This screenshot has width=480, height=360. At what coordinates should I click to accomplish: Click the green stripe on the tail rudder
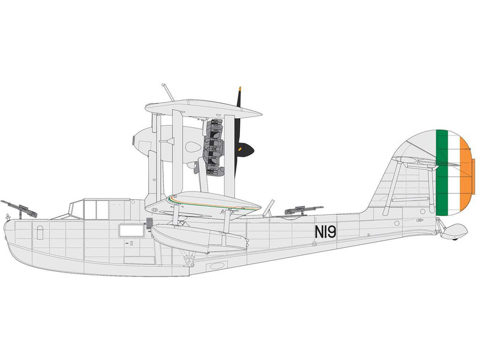[442, 172]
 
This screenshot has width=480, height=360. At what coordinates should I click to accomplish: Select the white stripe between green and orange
[454, 172]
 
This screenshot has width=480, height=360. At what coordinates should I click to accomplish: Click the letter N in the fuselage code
[319, 232]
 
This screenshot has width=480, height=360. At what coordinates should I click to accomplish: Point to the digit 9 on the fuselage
[331, 232]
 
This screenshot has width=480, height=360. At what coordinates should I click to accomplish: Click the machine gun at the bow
[19, 209]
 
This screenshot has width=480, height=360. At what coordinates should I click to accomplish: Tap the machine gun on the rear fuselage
[303, 211]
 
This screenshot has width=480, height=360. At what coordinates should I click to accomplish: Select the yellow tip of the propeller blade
[240, 89]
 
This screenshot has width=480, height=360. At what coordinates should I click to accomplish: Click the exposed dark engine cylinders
[214, 147]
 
